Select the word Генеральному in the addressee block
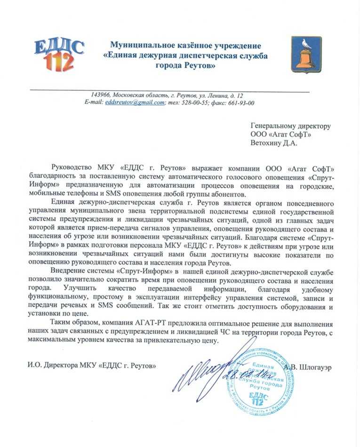pyautogui.click(x=272, y=126)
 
